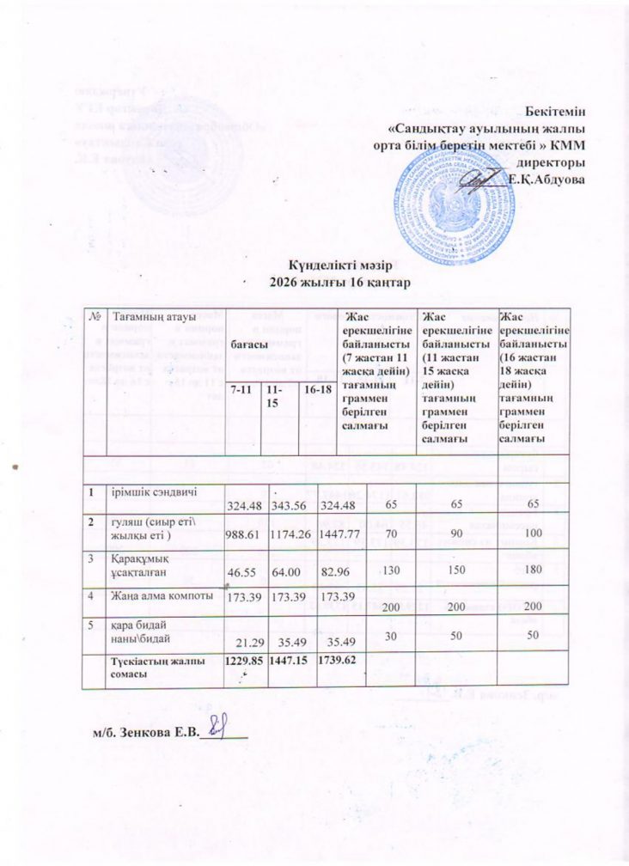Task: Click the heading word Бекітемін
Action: pyautogui.click(x=559, y=112)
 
